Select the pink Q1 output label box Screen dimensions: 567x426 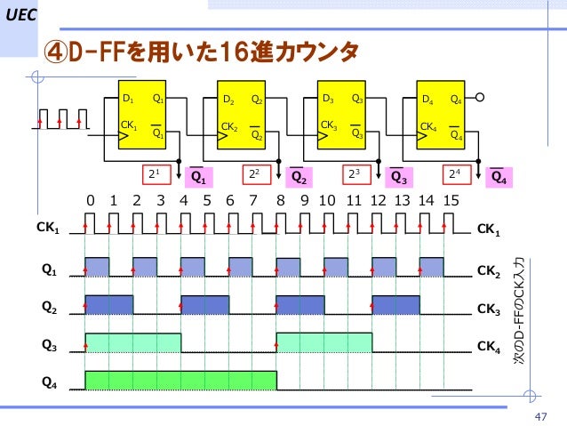pyautogui.click(x=200, y=176)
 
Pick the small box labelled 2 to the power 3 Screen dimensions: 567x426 pyautogui.click(x=353, y=173)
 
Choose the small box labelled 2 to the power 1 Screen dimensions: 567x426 pyautogui.click(x=153, y=173)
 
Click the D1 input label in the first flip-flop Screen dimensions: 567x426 pyautogui.click(x=128, y=99)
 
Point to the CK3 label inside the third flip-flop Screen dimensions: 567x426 pyautogui.click(x=329, y=125)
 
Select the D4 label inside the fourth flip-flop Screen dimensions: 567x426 pyautogui.click(x=428, y=100)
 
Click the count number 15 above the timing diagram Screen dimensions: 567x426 pyautogui.click(x=451, y=201)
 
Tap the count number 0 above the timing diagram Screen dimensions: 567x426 pyautogui.click(x=90, y=201)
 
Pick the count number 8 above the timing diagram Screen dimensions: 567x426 pyautogui.click(x=281, y=201)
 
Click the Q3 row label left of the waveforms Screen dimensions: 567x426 pyautogui.click(x=50, y=341)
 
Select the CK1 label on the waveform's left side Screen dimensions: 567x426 pyautogui.click(x=48, y=229)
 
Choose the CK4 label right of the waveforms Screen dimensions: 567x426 pyautogui.click(x=490, y=345)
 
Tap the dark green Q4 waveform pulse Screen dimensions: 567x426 pyautogui.click(x=180, y=381)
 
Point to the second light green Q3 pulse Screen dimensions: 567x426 pyautogui.click(x=323, y=342)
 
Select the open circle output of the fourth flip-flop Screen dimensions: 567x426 pyautogui.click(x=480, y=99)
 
